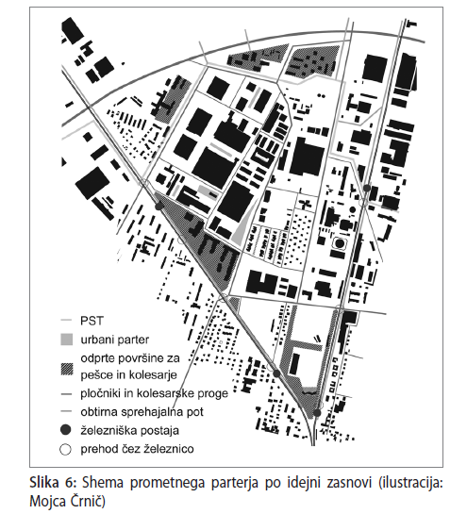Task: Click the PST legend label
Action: pyautogui.click(x=92, y=321)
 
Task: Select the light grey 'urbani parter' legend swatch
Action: pyautogui.click(x=67, y=340)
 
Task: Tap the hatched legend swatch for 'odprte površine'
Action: pyautogui.click(x=67, y=369)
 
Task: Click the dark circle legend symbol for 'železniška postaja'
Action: pyautogui.click(x=66, y=430)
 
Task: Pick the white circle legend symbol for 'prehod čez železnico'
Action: pyautogui.click(x=66, y=449)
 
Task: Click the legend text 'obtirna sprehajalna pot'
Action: pyautogui.click(x=142, y=412)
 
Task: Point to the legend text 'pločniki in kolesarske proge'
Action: pyautogui.click(x=154, y=393)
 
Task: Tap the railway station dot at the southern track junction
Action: pyautogui.click(x=317, y=413)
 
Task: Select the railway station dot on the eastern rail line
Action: pyautogui.click(x=367, y=188)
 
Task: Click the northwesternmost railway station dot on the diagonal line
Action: pyautogui.click(x=159, y=206)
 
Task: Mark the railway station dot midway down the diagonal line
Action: pyautogui.click(x=276, y=373)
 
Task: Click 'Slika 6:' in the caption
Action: pyautogui.click(x=53, y=483)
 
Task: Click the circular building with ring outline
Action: pyautogui.click(x=339, y=243)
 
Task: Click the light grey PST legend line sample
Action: pyautogui.click(x=66, y=321)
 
